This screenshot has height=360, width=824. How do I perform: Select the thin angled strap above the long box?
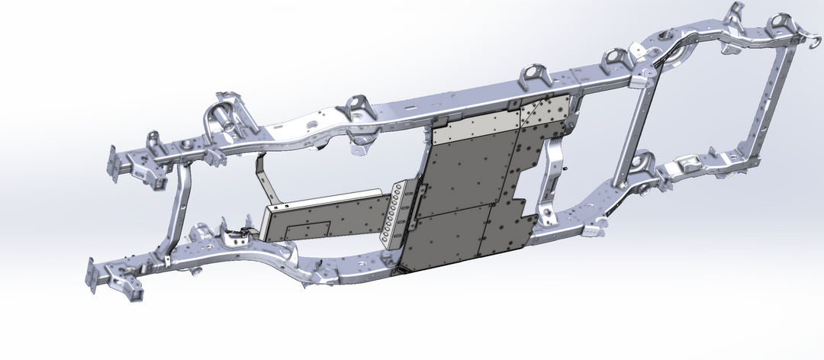(x=262, y=176)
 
